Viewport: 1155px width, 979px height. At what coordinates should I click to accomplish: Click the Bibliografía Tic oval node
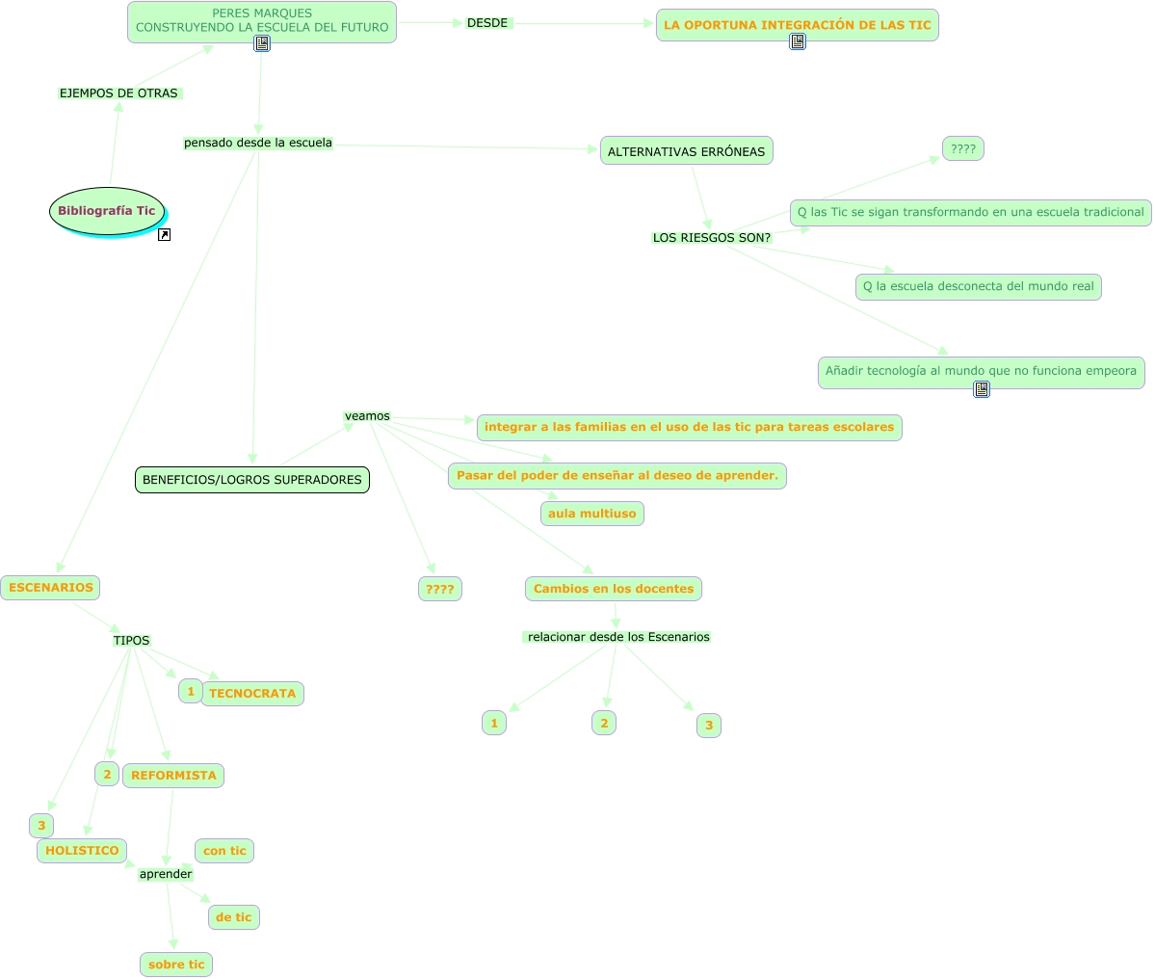point(107,211)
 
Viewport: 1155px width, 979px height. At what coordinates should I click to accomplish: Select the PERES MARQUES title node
point(262,20)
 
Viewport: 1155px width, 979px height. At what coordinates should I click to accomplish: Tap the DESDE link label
point(487,23)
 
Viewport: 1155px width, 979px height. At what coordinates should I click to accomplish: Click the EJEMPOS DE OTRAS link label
point(119,93)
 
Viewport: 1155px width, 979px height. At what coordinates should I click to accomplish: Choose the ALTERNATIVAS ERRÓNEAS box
point(687,151)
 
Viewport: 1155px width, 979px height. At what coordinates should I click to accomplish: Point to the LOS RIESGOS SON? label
point(712,238)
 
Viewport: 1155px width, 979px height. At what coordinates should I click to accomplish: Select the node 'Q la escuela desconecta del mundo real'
point(978,286)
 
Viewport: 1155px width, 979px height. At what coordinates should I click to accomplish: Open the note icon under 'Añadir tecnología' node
point(982,389)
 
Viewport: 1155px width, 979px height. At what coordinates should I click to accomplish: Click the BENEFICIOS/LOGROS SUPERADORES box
point(252,480)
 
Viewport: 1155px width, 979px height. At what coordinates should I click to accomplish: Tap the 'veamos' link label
point(367,416)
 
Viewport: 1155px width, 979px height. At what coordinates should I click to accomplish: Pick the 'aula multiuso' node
point(592,514)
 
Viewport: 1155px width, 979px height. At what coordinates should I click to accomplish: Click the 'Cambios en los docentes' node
point(614,589)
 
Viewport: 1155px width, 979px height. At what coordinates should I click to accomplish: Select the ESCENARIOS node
point(51,588)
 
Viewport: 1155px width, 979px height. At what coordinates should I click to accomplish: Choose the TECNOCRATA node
point(252,694)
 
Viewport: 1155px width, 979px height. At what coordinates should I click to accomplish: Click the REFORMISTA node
point(173,776)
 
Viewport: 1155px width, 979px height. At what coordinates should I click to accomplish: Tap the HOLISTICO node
point(82,851)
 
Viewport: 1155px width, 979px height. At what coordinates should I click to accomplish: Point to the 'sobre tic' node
point(176,965)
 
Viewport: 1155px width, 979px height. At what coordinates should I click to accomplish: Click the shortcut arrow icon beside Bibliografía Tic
point(164,234)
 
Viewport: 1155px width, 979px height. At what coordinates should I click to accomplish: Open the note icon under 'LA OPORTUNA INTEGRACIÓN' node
point(798,41)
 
